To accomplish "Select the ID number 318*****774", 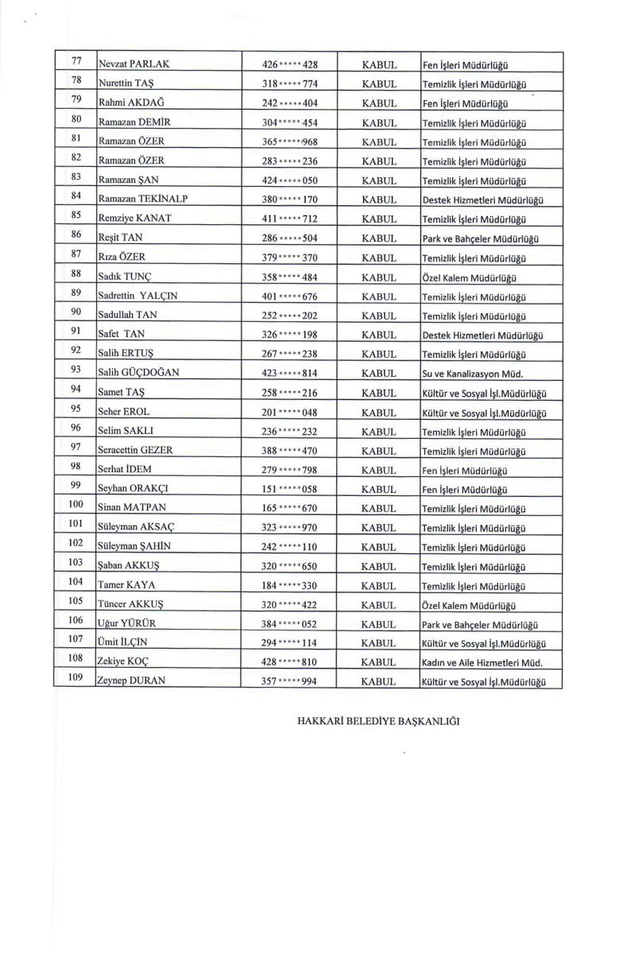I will coord(289,83).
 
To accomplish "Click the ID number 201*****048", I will coord(289,412).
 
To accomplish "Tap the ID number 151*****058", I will coord(289,489).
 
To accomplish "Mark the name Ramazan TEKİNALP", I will coord(143,199).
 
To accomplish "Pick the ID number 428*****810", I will coord(289,661).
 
